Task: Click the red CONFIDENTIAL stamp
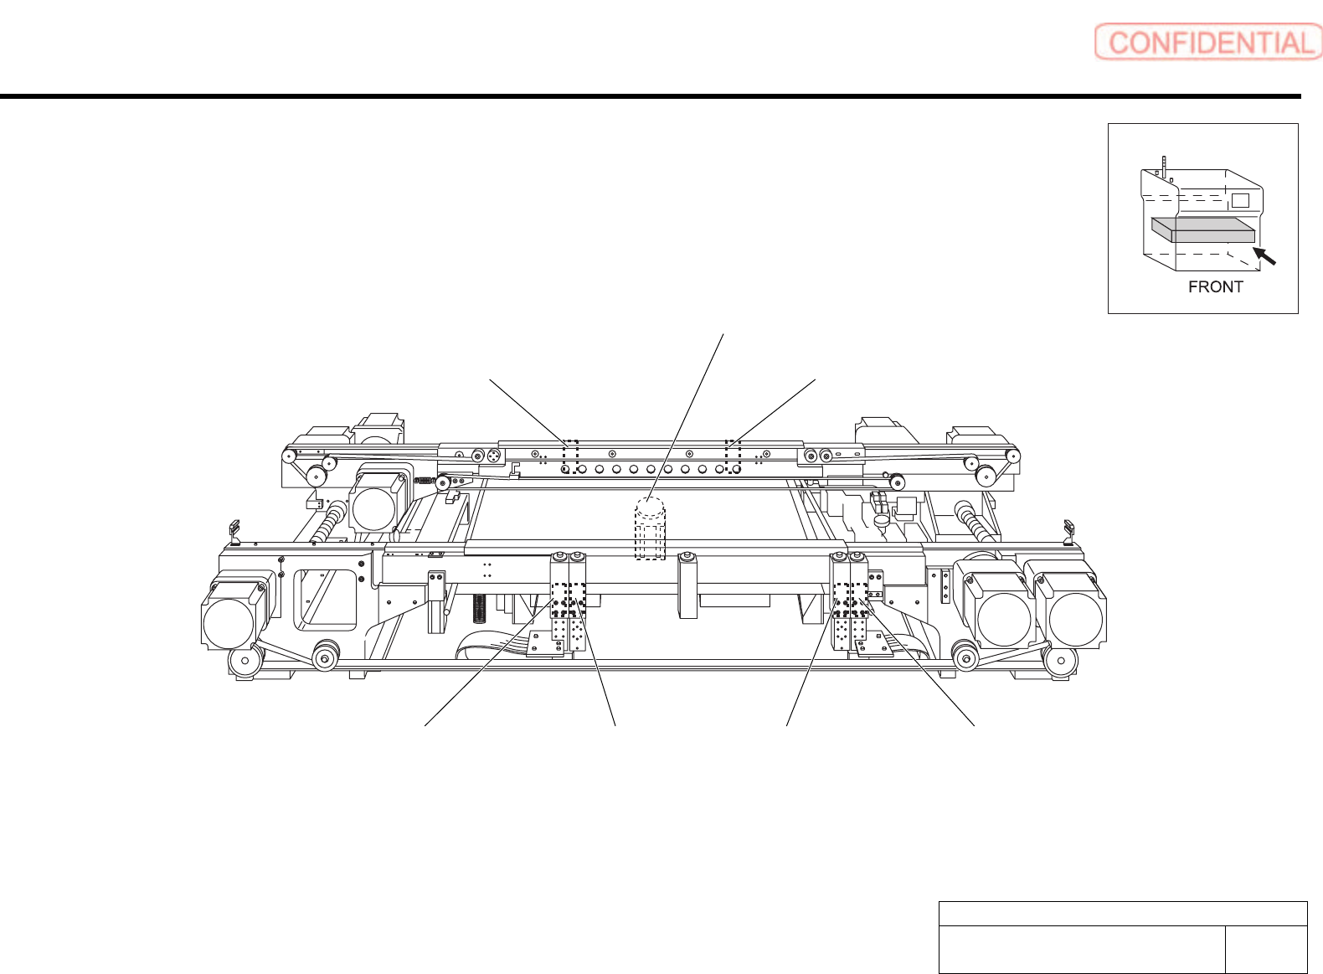click(1207, 42)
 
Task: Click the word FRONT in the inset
click(1216, 287)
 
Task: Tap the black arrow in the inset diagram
click(1264, 255)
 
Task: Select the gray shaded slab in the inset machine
click(1203, 229)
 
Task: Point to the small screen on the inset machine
click(1240, 200)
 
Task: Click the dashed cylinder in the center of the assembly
click(650, 528)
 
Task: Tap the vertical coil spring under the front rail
click(479, 609)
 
